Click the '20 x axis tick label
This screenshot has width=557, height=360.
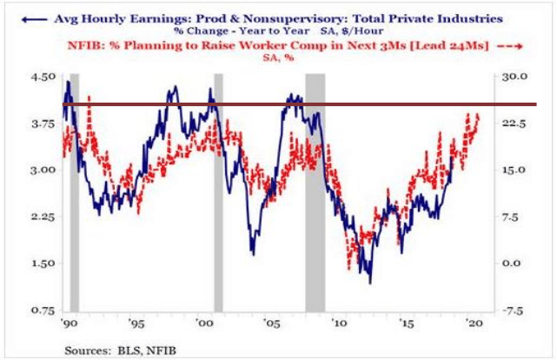(473, 323)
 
